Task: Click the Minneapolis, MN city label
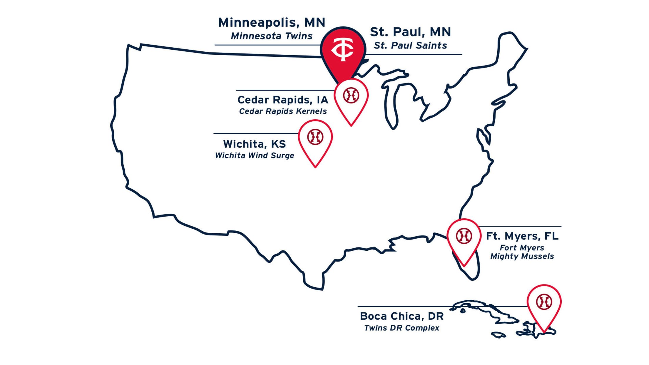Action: click(x=272, y=23)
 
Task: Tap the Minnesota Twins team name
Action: click(x=272, y=36)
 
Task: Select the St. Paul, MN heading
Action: click(x=410, y=32)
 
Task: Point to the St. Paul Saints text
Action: click(x=410, y=46)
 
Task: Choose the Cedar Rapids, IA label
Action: click(x=283, y=100)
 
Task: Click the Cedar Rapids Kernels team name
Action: click(x=283, y=111)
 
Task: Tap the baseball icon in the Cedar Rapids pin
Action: click(x=351, y=96)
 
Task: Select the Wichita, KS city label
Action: click(x=254, y=144)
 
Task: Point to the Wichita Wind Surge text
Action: click(x=254, y=155)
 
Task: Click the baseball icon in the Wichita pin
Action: click(x=315, y=137)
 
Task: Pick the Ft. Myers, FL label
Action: click(x=522, y=236)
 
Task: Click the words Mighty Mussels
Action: click(x=522, y=256)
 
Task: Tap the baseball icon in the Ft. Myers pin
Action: click(x=464, y=236)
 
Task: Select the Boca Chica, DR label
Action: click(x=402, y=316)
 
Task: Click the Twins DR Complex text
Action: click(x=402, y=328)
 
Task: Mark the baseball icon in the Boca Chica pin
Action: click(x=544, y=302)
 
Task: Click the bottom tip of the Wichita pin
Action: click(x=315, y=167)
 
